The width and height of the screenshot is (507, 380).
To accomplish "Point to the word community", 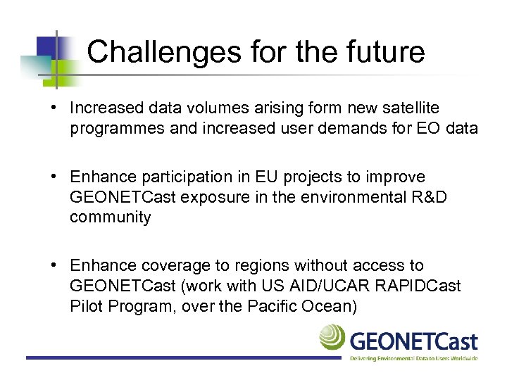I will pyautogui.click(x=110, y=217).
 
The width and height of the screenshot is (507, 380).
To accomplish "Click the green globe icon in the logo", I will pyautogui.click(x=332, y=338).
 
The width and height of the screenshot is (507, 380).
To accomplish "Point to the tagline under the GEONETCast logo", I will pyautogui.click(x=414, y=358).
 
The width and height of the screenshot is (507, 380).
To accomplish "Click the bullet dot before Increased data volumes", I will pyautogui.click(x=55, y=108).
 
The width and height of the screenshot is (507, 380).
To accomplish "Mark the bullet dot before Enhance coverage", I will pyautogui.click(x=55, y=266).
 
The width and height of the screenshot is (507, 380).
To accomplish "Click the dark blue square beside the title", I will pyautogui.click(x=46, y=47).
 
